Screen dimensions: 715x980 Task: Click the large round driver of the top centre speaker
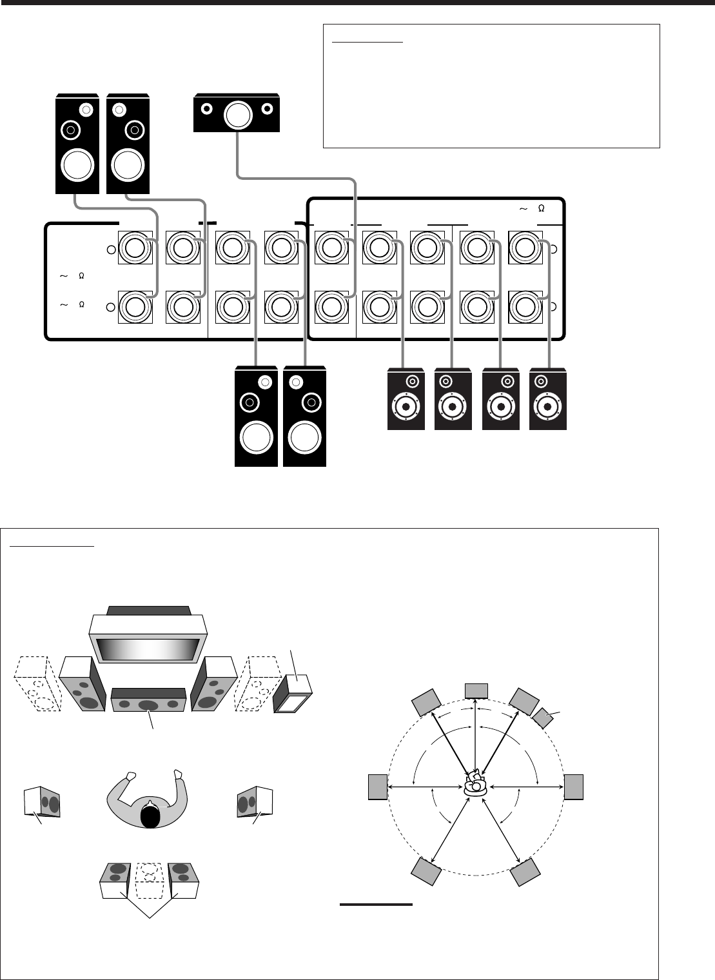[x=237, y=115]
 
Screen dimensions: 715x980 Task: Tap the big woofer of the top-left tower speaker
[x=77, y=165]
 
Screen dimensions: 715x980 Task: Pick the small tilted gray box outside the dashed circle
[x=544, y=717]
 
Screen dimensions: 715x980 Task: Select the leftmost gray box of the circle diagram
[x=378, y=786]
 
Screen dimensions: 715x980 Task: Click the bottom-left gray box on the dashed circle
[x=426, y=871]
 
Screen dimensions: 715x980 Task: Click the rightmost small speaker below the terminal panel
[x=548, y=398]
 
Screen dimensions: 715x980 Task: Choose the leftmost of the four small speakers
[x=406, y=398]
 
